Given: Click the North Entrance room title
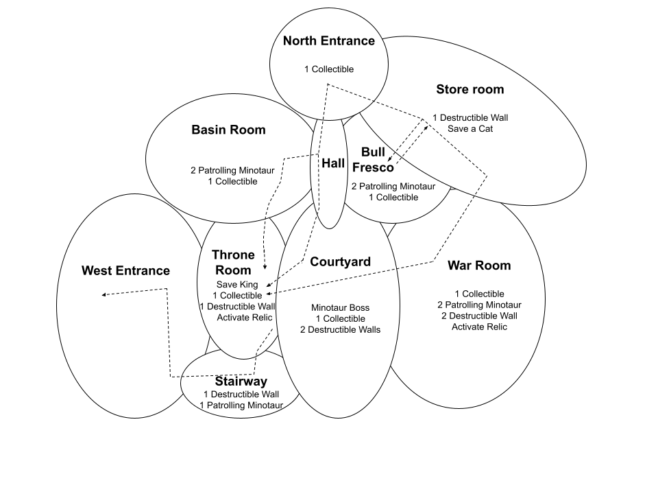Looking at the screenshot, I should pos(329,41).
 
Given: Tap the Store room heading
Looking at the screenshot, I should pos(470,89).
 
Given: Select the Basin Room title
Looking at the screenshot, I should pos(228,130).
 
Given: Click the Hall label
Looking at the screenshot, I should pos(333,163).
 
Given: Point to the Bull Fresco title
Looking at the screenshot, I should pos(378,161).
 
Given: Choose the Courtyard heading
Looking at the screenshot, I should pos(340,261).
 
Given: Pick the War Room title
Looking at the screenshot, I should pos(479,266).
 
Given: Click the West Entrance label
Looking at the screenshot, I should pos(125,270).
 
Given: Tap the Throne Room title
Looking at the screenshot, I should pos(233,263).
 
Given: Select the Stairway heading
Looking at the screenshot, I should pos(241,381).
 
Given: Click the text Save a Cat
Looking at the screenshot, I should pos(470,128).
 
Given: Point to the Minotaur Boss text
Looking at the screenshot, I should pos(340,308).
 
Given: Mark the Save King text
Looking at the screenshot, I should pos(237,285).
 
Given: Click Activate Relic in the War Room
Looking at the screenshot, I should pos(479,327).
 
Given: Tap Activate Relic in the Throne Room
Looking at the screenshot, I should pos(245,317).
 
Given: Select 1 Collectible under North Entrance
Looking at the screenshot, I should pos(329,69).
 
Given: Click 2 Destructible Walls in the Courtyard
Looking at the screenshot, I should pos(340,330).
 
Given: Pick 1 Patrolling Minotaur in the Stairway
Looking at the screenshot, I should pos(241,405).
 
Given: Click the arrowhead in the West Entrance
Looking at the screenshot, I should pos(104,295).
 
